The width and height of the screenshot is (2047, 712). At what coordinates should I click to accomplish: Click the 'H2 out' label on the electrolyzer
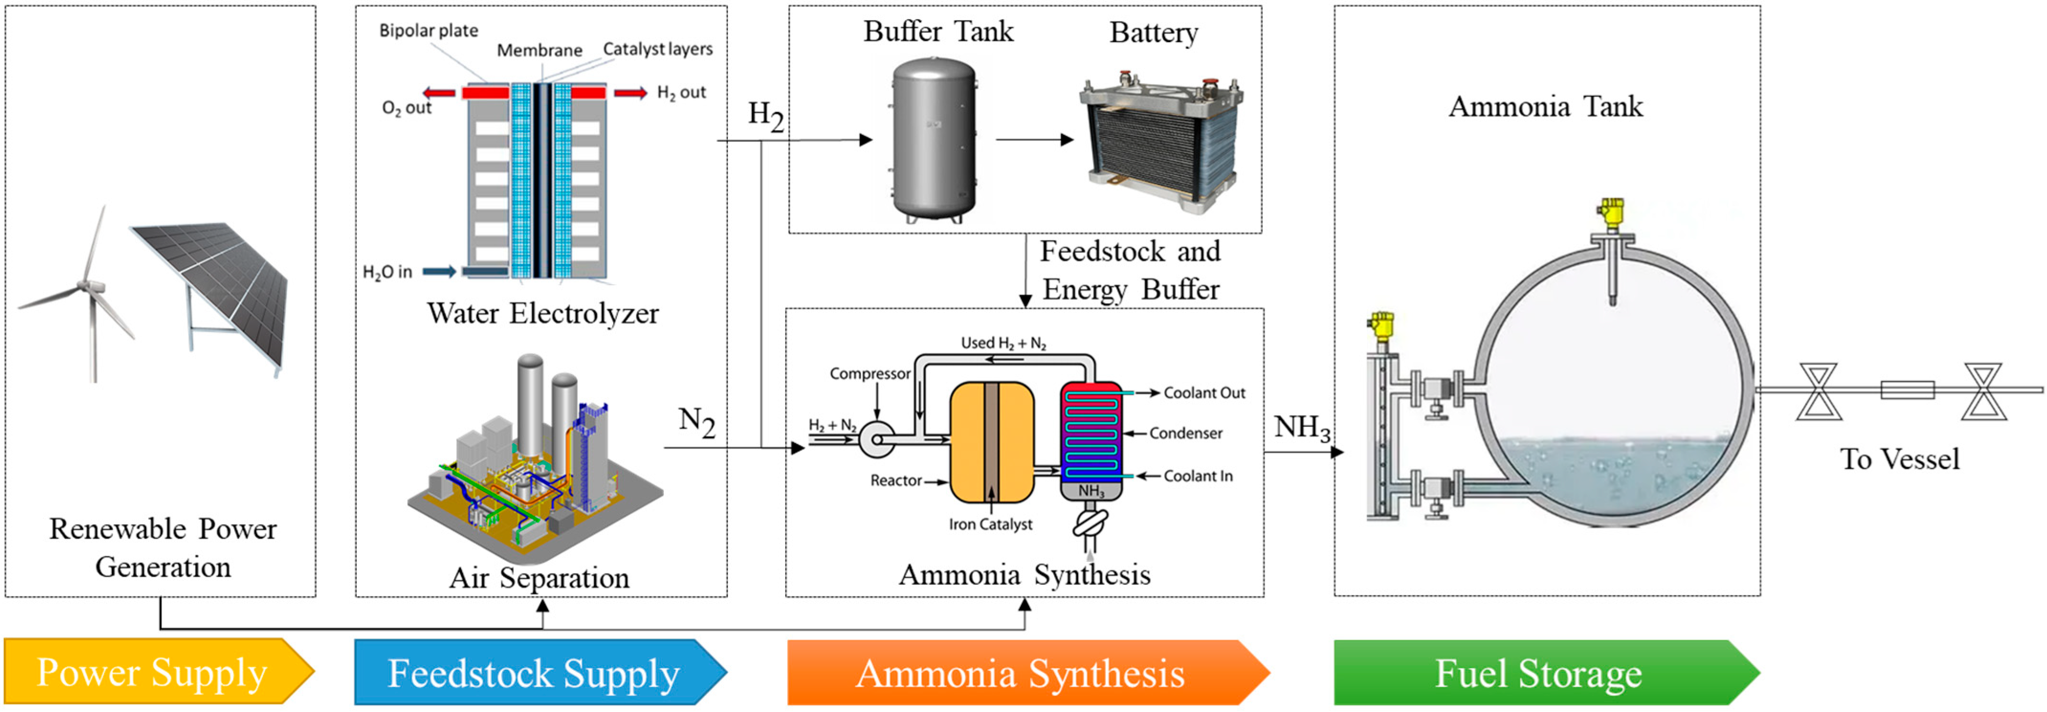tap(681, 93)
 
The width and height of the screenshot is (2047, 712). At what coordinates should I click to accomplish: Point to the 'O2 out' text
tap(406, 108)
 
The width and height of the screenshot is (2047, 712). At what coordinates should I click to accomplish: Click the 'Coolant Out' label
tap(1204, 393)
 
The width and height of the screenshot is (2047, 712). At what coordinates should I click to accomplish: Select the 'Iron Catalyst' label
tap(990, 525)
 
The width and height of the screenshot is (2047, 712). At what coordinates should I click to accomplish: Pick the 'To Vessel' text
tap(1899, 460)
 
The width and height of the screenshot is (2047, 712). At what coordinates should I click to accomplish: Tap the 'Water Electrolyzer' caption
tap(543, 313)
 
